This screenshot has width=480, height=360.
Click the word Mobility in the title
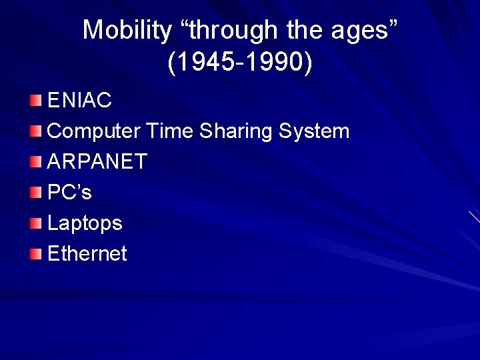tap(127, 31)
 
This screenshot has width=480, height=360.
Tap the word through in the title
tap(233, 31)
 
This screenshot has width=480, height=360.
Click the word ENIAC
tap(79, 100)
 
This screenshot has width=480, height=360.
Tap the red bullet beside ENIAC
tap(35, 101)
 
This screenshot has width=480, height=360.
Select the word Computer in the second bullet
tap(94, 131)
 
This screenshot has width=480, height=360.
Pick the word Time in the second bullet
tap(169, 131)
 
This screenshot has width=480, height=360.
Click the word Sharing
tap(236, 131)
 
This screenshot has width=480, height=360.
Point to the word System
tap(314, 131)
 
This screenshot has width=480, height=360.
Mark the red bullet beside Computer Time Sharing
tap(35, 131)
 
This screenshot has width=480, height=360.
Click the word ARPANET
tap(97, 161)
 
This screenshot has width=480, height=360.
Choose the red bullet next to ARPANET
tap(35, 161)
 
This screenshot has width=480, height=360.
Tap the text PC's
tap(69, 192)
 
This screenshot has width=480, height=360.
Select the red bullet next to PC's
tap(35, 192)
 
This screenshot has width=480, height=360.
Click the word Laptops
tap(85, 223)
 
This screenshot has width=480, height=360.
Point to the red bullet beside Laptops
tap(35, 223)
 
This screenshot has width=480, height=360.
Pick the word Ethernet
tap(87, 253)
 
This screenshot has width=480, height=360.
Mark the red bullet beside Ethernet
tap(35, 254)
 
